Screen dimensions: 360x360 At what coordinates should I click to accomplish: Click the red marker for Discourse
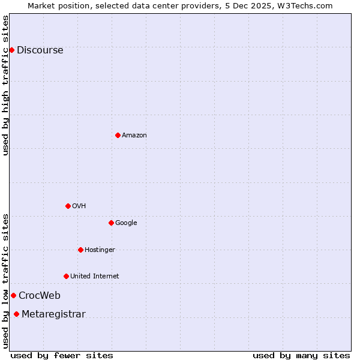(11, 50)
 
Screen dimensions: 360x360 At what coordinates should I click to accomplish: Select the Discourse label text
(40, 50)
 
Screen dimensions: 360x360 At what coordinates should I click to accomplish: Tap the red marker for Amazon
(118, 135)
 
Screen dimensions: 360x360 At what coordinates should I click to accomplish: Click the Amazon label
(134, 136)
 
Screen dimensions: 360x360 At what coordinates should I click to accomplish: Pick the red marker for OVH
(68, 206)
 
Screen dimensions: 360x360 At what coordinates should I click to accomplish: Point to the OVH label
(79, 206)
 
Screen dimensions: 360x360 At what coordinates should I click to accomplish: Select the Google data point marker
(111, 223)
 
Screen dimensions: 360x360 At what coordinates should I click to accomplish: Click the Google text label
(126, 223)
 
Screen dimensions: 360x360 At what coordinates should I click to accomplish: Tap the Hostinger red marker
(80, 250)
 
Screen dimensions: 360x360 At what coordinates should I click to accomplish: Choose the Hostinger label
(100, 250)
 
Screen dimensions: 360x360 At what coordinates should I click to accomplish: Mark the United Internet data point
(66, 276)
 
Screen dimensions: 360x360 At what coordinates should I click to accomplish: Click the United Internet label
(94, 277)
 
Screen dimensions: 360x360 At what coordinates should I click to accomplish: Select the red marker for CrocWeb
(13, 295)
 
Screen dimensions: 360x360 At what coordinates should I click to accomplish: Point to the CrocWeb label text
(39, 296)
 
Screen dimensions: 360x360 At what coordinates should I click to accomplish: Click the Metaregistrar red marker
(16, 314)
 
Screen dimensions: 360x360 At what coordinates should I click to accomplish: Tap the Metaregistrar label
(53, 314)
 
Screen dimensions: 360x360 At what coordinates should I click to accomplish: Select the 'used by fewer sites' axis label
(62, 355)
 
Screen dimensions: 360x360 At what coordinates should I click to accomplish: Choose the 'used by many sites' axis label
(301, 355)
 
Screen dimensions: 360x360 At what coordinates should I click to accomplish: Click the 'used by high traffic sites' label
(6, 85)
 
